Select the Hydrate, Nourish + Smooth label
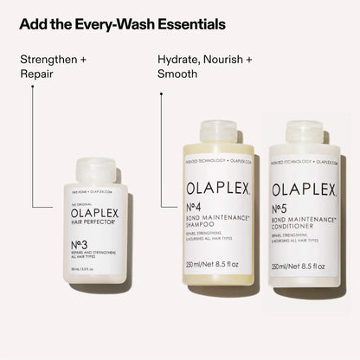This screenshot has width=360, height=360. click(x=204, y=67)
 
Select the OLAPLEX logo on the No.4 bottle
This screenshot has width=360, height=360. click(x=216, y=188)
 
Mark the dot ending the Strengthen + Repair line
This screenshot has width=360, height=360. click(x=33, y=209)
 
